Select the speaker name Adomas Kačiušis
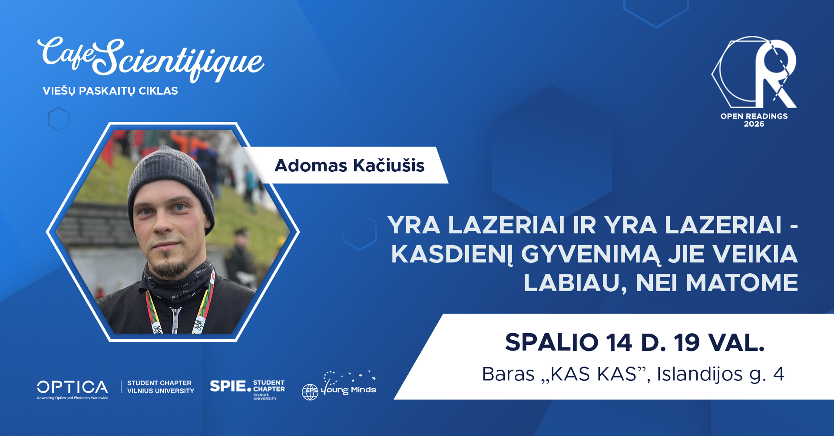349,165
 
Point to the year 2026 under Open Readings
754,124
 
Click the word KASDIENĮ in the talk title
452,254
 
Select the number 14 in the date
619,343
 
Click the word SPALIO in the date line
552,343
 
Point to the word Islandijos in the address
699,374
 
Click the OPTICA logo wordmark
73,387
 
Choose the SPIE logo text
228,386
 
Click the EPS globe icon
310,392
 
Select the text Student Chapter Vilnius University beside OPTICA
160,387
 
